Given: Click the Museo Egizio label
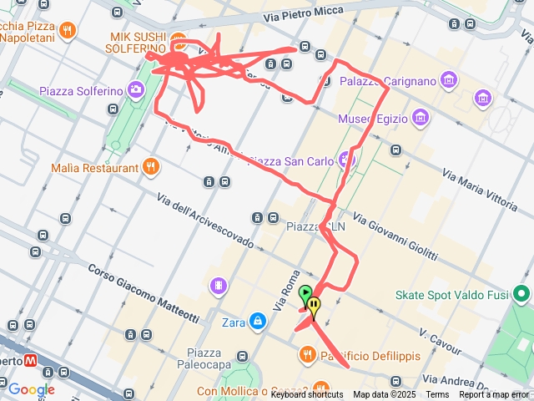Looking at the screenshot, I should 373,119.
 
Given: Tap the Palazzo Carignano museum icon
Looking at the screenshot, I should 451,81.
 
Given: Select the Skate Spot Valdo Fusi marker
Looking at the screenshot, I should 522,294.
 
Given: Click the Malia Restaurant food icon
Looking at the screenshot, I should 150,167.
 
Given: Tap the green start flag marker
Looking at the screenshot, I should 306,293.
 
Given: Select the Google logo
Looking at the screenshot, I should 31,389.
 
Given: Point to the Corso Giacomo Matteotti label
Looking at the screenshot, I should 144,292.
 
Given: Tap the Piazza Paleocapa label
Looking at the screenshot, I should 204,358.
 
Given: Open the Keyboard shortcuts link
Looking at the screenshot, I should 306,395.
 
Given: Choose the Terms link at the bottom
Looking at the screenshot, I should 437,395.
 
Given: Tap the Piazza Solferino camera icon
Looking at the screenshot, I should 136,89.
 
